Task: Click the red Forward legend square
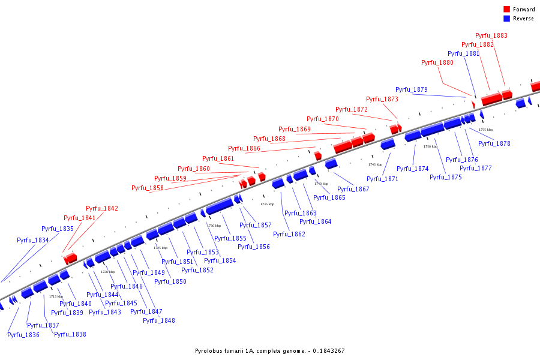507,10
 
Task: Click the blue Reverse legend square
507,19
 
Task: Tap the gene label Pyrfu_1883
491,36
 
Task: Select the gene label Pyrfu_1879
411,90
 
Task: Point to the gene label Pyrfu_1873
382,100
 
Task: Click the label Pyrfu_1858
147,188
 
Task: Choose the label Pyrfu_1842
101,209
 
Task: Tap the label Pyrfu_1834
32,241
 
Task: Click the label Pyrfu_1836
23,335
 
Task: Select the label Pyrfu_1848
158,321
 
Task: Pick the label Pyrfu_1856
253,247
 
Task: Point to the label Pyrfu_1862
289,235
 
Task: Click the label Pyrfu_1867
353,190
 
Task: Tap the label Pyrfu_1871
382,179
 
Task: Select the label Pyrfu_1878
494,144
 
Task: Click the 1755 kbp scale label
485,130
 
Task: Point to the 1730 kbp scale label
214,226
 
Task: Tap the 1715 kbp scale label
56,296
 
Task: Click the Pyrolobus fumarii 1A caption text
269,351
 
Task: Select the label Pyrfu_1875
445,178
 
